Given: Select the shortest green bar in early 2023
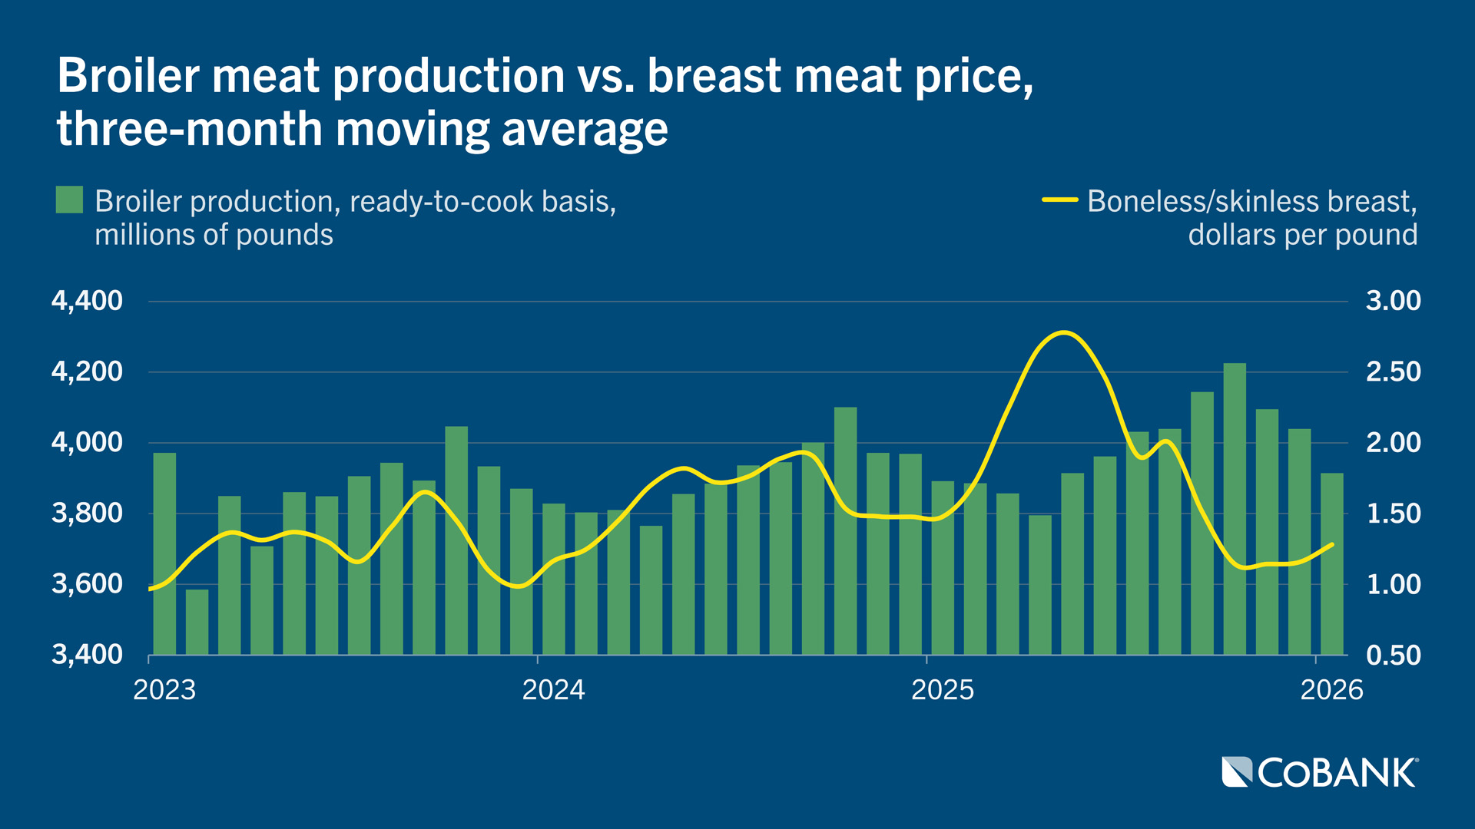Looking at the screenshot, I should (x=197, y=622).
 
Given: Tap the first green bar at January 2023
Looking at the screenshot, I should (x=164, y=553).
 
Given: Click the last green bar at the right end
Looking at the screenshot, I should (x=1331, y=564).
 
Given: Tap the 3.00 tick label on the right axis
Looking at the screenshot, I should (x=1393, y=301).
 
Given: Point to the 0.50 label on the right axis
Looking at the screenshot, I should (x=1393, y=656).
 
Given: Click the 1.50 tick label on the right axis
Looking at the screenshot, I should (x=1393, y=514).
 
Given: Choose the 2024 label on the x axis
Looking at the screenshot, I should (x=553, y=690).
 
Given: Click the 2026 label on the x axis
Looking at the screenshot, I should (x=1331, y=690).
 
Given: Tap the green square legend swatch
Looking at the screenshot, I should (x=69, y=200).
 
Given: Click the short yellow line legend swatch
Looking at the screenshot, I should (x=1059, y=200).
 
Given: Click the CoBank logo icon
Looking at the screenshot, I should (x=1237, y=772).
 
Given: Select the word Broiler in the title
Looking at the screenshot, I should (x=129, y=76).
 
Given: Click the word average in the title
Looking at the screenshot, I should (x=585, y=129).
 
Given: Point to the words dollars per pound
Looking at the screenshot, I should (x=1302, y=235).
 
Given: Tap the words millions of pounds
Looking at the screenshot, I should (x=214, y=235).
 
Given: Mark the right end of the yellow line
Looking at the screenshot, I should (x=1332, y=544).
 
